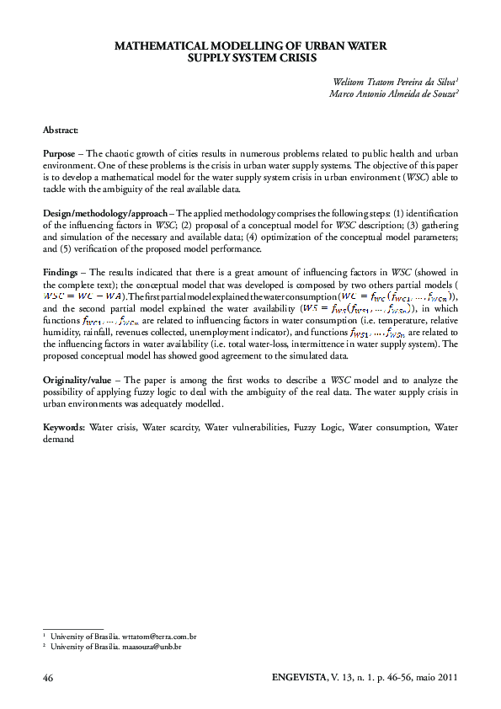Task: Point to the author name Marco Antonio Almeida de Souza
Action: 393,93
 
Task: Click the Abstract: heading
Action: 61,131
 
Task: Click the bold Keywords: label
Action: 65,427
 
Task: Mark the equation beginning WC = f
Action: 396,296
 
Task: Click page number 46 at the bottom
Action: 48,677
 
